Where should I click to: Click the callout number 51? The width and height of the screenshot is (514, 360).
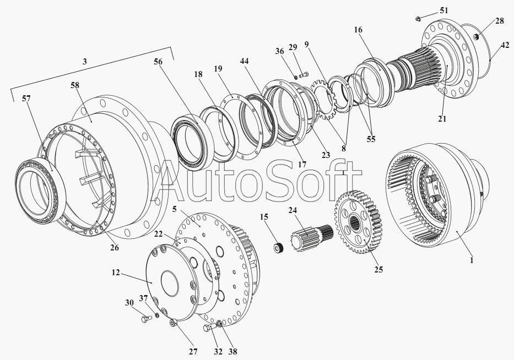pyautogui.click(x=443, y=11)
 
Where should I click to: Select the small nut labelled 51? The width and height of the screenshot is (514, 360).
pyautogui.click(x=418, y=19)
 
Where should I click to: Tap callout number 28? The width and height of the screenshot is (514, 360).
pyautogui.click(x=499, y=21)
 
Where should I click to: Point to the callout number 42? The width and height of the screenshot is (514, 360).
pyautogui.click(x=505, y=46)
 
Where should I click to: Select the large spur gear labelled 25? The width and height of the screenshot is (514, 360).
pyautogui.click(x=358, y=221)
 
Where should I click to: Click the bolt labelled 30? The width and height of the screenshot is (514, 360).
pyautogui.click(x=146, y=319)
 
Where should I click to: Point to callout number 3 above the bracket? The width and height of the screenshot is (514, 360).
pyautogui.click(x=85, y=62)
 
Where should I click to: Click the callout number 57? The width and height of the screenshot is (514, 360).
pyautogui.click(x=26, y=99)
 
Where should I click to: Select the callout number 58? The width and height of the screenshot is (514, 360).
pyautogui.click(x=75, y=85)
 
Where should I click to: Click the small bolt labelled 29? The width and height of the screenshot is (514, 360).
pyautogui.click(x=302, y=74)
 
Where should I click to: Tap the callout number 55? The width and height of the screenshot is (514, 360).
pyautogui.click(x=371, y=139)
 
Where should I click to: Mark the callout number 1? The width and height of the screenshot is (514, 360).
pyautogui.click(x=472, y=260)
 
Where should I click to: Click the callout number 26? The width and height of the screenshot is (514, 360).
pyautogui.click(x=114, y=248)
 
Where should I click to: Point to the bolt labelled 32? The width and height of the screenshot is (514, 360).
pyautogui.click(x=210, y=328)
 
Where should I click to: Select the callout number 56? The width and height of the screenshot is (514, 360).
pyautogui.click(x=158, y=62)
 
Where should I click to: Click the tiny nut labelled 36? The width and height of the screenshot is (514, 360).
pyautogui.click(x=295, y=77)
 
